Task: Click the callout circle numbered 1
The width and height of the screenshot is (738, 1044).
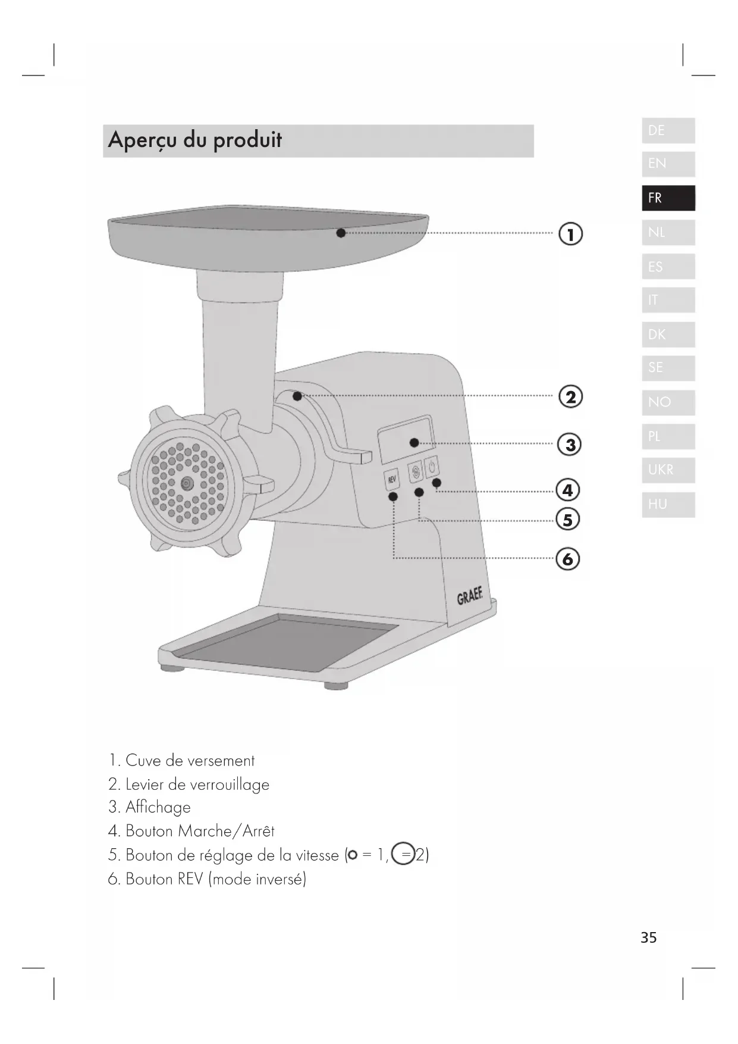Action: coord(570,235)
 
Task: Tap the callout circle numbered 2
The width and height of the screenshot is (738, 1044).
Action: coord(570,397)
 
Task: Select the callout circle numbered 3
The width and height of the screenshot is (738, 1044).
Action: coord(570,445)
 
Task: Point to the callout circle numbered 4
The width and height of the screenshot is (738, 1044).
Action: coord(568,490)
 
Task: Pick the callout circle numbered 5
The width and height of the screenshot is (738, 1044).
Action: coord(568,520)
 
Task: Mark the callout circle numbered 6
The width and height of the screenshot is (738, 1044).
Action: coord(568,559)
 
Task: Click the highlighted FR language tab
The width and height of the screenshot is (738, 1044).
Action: coord(668,198)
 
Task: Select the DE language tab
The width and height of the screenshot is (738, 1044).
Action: coord(668,131)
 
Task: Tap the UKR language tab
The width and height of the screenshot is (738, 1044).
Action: coord(668,470)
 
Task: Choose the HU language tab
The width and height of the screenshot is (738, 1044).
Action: coord(668,504)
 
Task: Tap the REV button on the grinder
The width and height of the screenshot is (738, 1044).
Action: coord(391,479)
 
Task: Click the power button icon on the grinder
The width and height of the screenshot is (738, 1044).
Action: coord(432,466)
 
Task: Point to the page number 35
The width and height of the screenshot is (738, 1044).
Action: coord(649,938)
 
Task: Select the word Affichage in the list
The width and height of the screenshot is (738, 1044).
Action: coord(158,808)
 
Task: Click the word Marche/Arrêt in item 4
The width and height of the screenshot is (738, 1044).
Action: coord(226,831)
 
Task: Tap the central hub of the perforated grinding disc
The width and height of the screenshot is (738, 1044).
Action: coord(187,483)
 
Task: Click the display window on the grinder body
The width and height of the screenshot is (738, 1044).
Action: coord(406,439)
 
